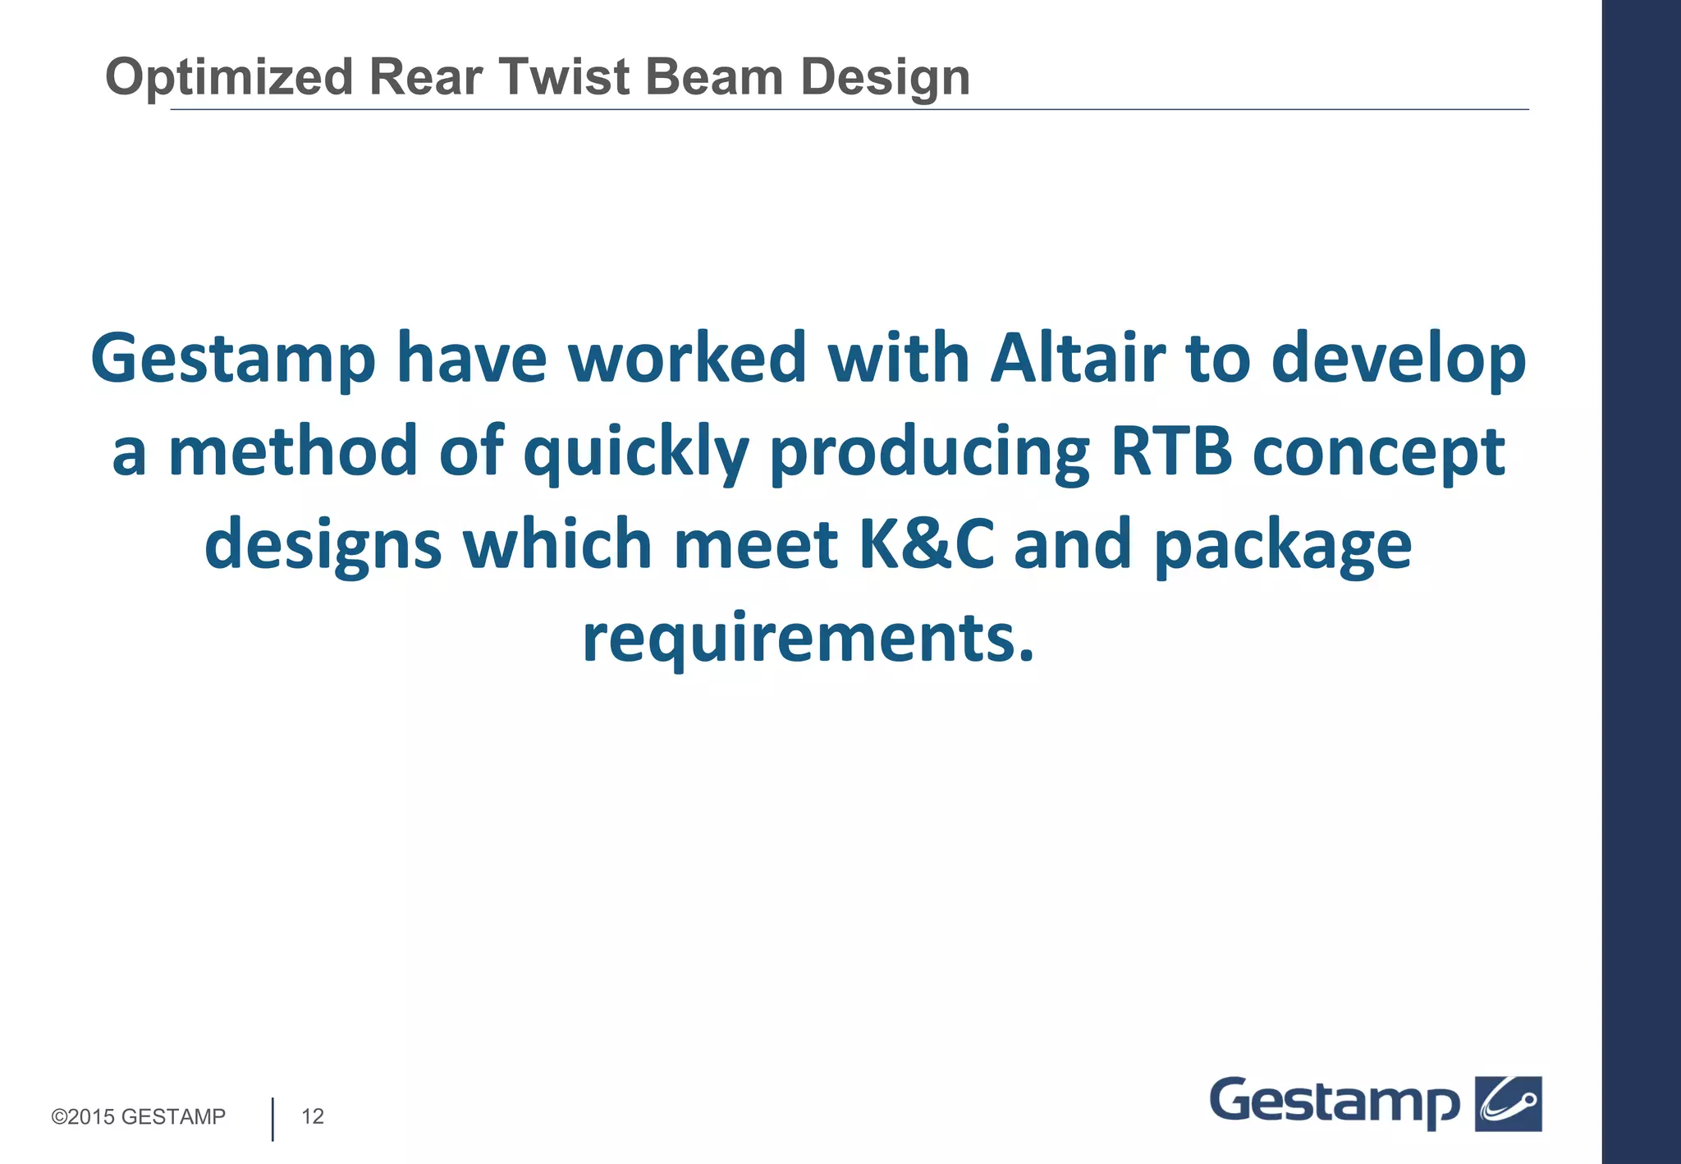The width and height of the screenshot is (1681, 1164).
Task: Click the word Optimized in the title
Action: point(229,77)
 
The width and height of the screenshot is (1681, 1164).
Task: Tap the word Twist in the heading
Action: point(564,77)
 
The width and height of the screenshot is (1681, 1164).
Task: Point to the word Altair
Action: point(1078,359)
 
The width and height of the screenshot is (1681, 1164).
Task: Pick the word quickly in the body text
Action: point(636,453)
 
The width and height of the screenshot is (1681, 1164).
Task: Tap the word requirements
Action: point(808,639)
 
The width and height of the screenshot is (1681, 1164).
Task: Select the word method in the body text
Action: point(293,451)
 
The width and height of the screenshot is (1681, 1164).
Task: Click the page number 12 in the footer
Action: point(313,1116)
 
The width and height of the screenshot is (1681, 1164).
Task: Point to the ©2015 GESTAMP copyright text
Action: point(138,1116)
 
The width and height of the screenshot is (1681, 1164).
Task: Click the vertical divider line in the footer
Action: point(273,1118)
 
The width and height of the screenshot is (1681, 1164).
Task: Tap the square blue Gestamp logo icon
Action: point(1509,1103)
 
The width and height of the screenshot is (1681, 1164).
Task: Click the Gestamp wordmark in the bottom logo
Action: point(1334,1102)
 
